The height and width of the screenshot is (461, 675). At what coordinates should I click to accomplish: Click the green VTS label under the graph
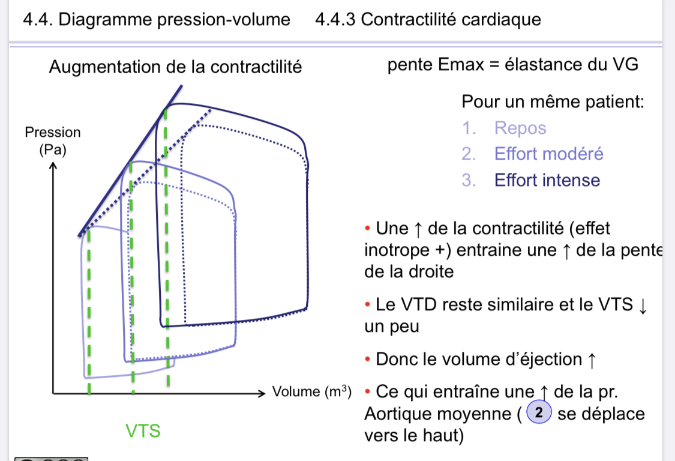(x=143, y=430)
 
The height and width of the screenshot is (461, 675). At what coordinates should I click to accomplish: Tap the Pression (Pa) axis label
(x=53, y=140)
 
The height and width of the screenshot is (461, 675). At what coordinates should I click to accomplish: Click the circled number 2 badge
(x=538, y=413)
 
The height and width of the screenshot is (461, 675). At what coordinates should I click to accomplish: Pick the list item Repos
(x=520, y=128)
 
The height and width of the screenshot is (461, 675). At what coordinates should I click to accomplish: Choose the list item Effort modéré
(x=548, y=154)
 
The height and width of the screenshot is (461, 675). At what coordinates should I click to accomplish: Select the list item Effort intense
(x=547, y=180)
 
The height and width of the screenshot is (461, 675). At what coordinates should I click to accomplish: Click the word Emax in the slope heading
(x=460, y=64)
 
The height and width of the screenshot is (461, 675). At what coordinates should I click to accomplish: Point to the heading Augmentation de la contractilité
(x=175, y=67)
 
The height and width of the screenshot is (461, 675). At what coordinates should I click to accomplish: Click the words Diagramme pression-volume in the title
(x=175, y=19)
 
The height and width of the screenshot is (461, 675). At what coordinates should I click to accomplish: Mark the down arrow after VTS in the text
(x=643, y=306)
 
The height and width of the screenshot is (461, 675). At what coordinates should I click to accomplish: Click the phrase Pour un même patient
(x=552, y=101)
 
